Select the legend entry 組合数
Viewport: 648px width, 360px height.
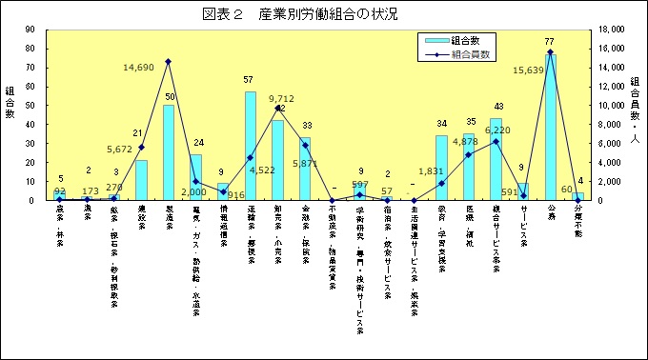(461, 40)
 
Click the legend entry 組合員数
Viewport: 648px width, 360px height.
(461, 54)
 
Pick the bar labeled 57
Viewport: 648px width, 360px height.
(250, 148)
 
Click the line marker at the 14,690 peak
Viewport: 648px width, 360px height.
(169, 62)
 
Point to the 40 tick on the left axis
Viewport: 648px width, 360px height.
(30, 125)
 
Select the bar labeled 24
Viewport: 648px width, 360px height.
(195, 178)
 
